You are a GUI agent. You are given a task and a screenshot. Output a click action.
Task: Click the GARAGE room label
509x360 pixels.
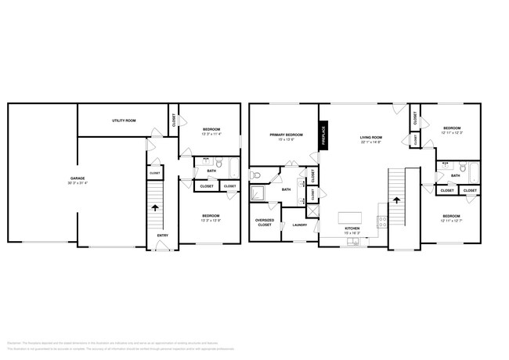[78, 178]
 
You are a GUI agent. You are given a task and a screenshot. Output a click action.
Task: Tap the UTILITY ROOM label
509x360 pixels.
[124, 121]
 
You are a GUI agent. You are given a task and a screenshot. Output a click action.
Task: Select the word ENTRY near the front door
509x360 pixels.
[162, 235]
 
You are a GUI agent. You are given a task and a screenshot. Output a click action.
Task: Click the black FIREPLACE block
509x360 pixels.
[323, 135]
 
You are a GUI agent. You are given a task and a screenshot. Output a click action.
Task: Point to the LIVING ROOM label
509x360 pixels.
[370, 138]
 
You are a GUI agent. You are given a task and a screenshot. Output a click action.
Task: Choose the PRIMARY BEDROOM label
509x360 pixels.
[286, 135]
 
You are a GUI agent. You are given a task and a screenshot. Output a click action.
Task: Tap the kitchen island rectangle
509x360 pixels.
[350, 216]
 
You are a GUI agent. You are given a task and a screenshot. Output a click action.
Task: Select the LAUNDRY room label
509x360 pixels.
[300, 225]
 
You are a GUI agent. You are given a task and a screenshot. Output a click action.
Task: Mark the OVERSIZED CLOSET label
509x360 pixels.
[265, 222]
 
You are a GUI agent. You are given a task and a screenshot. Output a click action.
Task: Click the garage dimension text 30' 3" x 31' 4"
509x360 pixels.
[78, 183]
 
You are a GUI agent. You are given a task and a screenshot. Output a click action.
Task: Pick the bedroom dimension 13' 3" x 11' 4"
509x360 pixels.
[211, 134]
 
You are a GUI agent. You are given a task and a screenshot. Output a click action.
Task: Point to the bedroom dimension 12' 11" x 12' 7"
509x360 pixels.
[450, 221]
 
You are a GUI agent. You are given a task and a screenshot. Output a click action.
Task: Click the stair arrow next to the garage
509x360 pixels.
[155, 208]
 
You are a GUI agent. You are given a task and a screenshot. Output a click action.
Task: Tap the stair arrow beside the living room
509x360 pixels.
[396, 200]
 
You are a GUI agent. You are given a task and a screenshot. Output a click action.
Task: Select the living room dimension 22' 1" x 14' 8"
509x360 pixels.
[370, 142]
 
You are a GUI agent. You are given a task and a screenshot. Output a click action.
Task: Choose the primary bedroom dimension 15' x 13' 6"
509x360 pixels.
[286, 139]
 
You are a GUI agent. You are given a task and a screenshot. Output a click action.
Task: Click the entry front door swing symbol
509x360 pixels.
[162, 247]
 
